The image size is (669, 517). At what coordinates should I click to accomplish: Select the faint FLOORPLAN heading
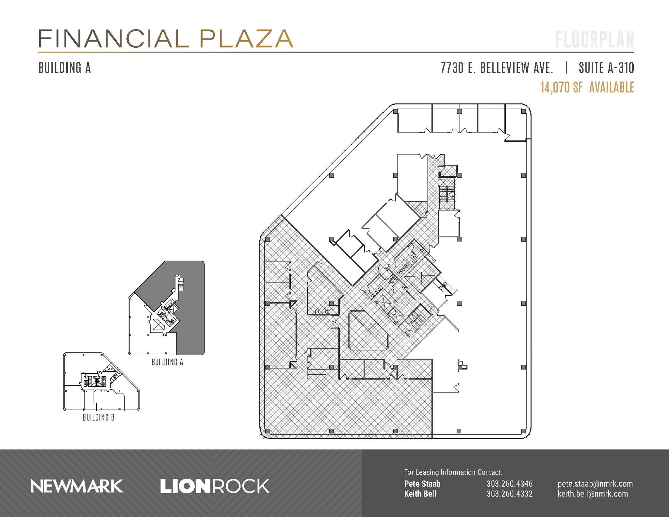pos(595,40)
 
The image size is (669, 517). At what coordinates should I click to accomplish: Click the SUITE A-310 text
pos(606,68)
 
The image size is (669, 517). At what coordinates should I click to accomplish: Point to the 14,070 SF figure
pos(561,88)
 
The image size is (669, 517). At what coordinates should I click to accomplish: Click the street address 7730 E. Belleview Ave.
pos(497,68)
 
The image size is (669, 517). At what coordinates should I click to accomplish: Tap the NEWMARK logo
pos(77,486)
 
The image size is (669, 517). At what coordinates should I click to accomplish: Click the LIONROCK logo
pos(215,486)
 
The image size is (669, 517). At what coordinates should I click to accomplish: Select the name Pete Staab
pos(422,484)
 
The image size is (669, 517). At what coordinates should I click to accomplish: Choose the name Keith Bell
pos(420,493)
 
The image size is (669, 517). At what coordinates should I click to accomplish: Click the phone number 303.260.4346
pos(509,484)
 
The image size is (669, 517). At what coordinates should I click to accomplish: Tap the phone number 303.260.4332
pos(509,493)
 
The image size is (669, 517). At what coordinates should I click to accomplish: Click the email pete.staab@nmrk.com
pos(595,484)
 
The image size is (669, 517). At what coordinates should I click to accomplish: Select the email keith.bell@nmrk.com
pos(593,493)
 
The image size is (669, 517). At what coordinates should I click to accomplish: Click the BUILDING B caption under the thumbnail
pos(98,417)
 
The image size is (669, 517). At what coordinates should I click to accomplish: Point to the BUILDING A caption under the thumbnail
pos(167,362)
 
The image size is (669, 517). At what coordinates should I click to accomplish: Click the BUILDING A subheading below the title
pos(64,68)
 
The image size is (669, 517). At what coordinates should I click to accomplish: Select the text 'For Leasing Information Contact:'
pos(453,472)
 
